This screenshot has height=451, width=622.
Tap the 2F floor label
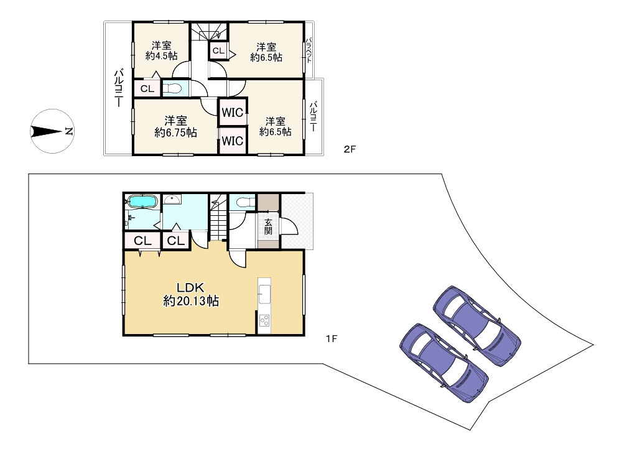(x=350, y=149)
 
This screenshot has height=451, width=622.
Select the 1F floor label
(x=332, y=339)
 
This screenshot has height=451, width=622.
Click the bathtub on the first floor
(x=142, y=202)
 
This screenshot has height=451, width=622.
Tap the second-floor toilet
(x=172, y=88)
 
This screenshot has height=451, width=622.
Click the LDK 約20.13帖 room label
(x=191, y=294)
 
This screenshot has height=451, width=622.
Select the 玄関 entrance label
(x=268, y=226)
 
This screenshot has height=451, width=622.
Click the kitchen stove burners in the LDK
(x=264, y=319)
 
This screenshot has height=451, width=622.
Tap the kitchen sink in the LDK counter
(x=264, y=294)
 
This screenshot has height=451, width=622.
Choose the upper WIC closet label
(x=233, y=113)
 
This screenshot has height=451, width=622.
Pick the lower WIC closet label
(x=233, y=141)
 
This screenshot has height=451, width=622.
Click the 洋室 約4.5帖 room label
(x=161, y=51)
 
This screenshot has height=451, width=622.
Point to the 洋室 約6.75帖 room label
(x=175, y=126)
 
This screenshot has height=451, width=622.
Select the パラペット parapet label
(x=309, y=50)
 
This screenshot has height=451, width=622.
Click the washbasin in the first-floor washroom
(x=172, y=200)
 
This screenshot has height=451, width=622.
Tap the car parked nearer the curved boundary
(x=477, y=325)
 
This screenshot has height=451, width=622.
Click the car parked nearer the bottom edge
(x=444, y=363)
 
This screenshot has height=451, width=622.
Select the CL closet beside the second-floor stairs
(x=218, y=51)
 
